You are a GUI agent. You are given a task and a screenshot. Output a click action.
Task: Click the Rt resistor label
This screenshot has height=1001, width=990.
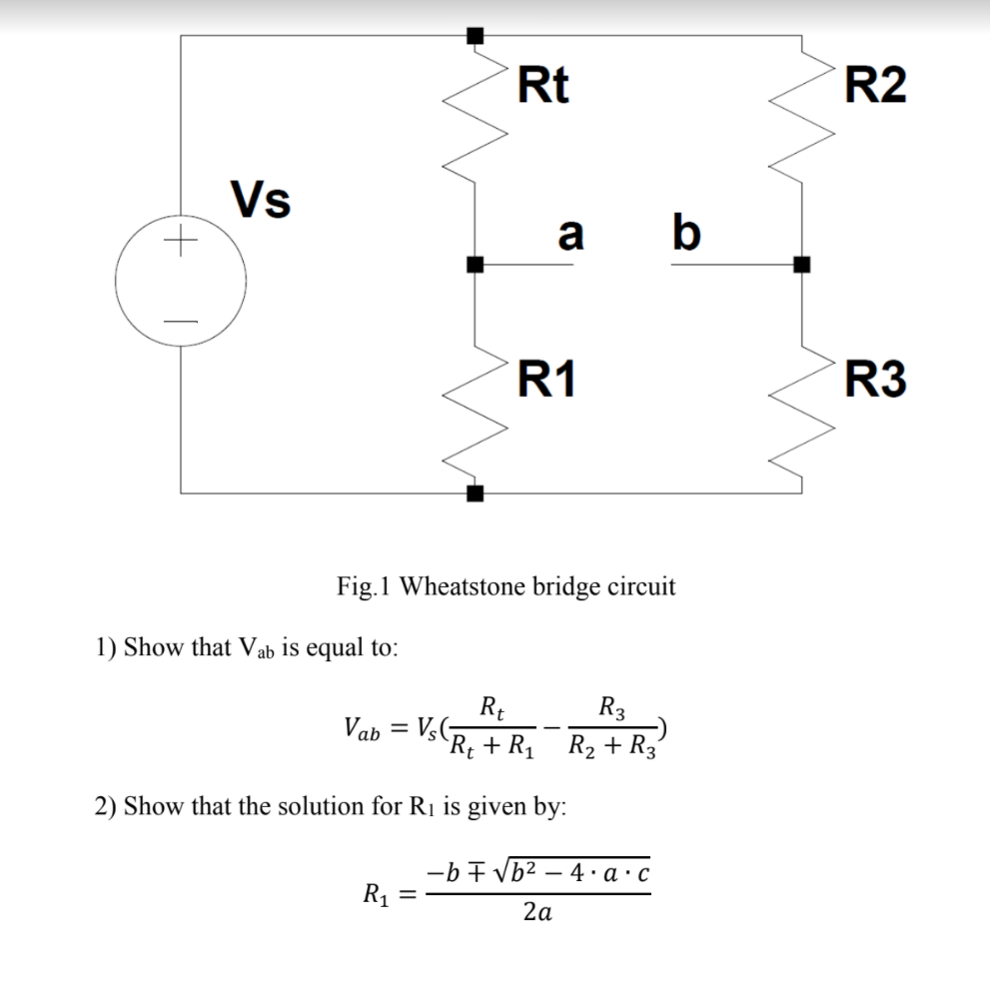pos(544,86)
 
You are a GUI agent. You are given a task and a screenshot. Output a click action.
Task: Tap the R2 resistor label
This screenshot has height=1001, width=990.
pos(875,86)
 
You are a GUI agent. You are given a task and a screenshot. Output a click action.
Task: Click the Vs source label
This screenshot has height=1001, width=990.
pos(261,198)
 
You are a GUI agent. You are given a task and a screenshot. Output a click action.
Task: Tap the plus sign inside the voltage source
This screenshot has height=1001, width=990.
pos(180,242)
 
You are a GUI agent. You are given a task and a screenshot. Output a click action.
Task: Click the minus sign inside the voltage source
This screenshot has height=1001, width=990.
pos(180,321)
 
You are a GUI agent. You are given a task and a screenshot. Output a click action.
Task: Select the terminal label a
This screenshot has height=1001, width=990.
pos(569,234)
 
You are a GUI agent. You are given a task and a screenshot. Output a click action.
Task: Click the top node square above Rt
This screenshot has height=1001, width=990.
pos(476,36)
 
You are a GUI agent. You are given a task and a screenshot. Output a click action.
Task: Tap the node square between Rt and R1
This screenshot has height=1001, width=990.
pos(476,265)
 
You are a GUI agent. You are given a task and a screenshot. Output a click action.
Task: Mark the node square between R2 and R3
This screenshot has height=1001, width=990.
pos(801,265)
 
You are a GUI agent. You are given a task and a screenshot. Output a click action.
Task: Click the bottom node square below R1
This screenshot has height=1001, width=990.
pos(476,493)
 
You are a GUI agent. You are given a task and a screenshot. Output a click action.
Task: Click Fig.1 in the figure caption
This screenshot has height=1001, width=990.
pos(365,585)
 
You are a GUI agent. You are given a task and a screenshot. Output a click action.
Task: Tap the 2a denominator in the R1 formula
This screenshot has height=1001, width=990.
pos(539,912)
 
